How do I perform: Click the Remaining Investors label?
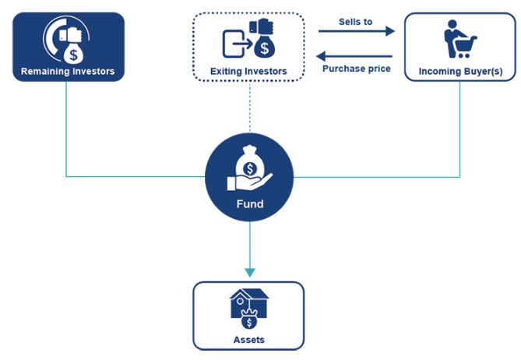pos(67,72)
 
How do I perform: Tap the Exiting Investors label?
pos(248,72)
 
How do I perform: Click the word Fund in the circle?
pos(249,204)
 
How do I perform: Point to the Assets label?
pos(248,340)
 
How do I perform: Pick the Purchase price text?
pos(356,69)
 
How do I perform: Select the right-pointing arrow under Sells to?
pos(356,32)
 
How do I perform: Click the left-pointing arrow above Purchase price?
pos(356,55)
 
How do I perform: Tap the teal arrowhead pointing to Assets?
pos(249,272)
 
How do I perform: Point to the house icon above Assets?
pos(248,303)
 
